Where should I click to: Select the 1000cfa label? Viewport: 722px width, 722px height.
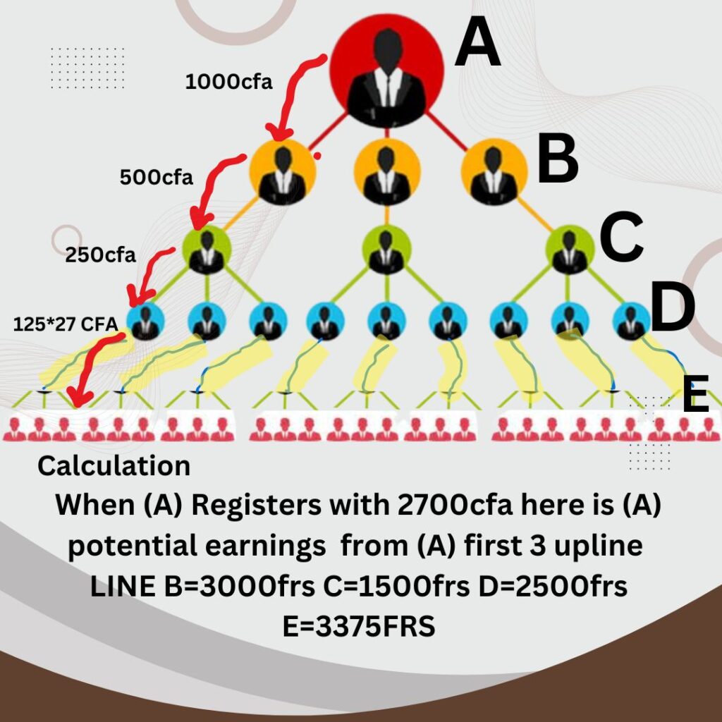tap(228, 82)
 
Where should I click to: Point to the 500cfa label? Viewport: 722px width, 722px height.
tap(156, 177)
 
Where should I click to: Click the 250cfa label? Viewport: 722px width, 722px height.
tap(101, 255)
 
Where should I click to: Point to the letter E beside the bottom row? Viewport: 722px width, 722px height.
tap(696, 396)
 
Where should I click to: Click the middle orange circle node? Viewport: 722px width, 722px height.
tap(387, 171)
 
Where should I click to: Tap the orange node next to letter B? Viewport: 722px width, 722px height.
tap(494, 171)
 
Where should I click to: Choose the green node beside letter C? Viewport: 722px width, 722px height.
tap(570, 249)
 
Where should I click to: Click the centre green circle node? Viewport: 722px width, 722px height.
tap(387, 249)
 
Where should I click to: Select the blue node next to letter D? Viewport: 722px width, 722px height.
tap(632, 322)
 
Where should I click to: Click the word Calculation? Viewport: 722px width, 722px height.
tap(114, 465)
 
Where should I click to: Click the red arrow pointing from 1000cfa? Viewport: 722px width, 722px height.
tap(295, 95)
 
